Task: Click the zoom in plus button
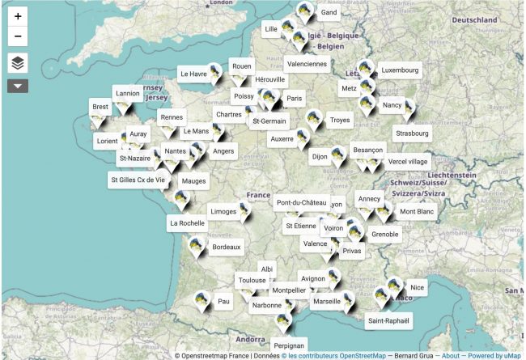click(18, 15)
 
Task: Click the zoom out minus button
click(18, 37)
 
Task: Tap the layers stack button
click(18, 62)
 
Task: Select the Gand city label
click(329, 13)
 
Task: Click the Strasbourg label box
click(413, 133)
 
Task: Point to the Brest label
click(100, 107)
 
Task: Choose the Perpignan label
click(289, 345)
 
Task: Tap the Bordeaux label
click(226, 247)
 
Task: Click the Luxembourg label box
click(400, 70)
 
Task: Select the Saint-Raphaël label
click(389, 320)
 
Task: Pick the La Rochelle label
click(187, 222)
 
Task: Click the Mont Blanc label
click(417, 212)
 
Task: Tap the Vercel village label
click(408, 161)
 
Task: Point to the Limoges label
click(223, 211)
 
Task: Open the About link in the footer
click(451, 355)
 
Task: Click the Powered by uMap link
click(494, 355)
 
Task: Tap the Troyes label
click(340, 120)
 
